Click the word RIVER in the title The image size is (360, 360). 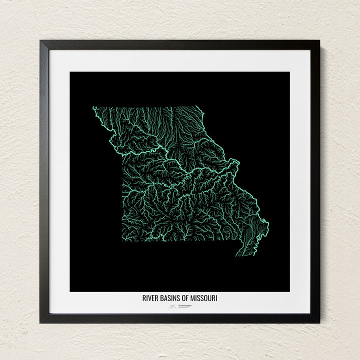coord(150,298)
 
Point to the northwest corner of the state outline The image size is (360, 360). coord(93,107)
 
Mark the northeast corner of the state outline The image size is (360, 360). coord(199,107)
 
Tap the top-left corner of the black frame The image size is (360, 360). coord(41,41)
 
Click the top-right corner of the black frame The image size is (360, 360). coord(318,41)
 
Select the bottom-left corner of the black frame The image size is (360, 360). coord(41,322)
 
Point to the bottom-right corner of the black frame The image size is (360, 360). coord(318,322)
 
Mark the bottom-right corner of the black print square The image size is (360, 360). coord(289,291)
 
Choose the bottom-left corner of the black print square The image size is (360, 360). coord(70,291)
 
